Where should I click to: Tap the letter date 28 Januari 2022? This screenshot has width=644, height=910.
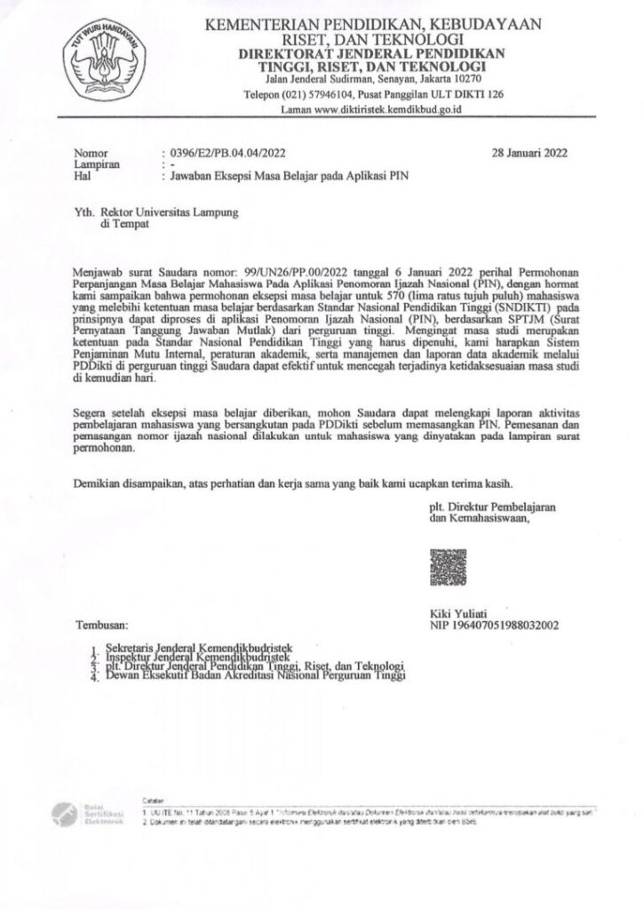pos(530,152)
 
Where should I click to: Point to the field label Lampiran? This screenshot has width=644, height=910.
pos(97,164)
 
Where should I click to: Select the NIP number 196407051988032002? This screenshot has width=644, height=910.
pos(507,626)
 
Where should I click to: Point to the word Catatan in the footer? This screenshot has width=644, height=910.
pos(154,802)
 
